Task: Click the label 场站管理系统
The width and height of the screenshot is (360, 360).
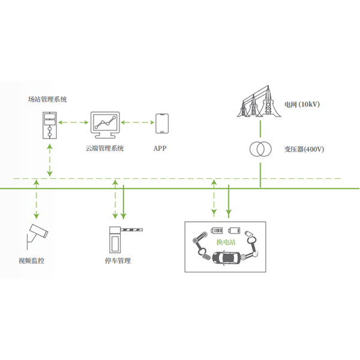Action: pyautogui.click(x=48, y=99)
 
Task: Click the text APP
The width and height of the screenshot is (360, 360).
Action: pyautogui.click(x=161, y=148)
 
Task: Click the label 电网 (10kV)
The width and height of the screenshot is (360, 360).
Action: pyautogui.click(x=302, y=104)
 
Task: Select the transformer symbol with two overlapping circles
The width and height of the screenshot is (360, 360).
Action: pyautogui.click(x=260, y=149)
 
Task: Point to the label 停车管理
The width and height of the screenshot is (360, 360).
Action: pyautogui.click(x=118, y=260)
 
